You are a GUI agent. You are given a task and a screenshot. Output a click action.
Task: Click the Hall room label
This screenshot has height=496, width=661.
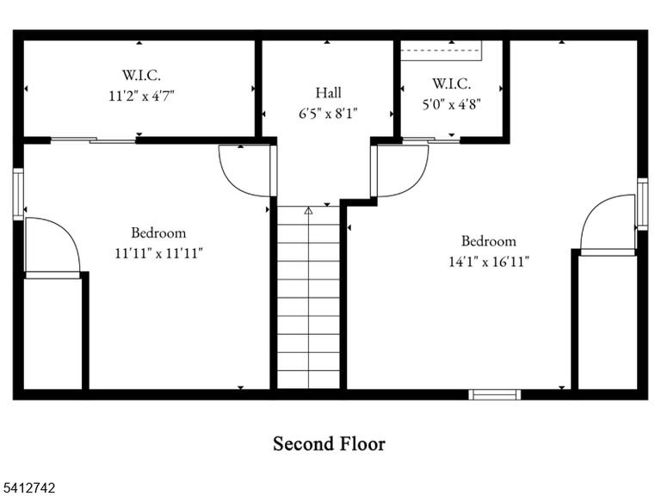tap(329, 93)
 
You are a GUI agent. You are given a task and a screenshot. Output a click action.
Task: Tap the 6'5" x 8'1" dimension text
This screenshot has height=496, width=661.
tap(329, 114)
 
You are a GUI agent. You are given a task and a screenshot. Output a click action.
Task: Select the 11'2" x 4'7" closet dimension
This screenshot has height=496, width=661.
tap(142, 96)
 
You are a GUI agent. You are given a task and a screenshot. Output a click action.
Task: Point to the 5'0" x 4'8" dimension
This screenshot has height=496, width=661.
tap(452, 103)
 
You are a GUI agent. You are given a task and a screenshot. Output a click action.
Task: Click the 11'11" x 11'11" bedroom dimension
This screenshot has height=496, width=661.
tap(159, 253)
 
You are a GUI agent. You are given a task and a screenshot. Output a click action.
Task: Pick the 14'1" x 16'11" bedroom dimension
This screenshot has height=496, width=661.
tap(489, 262)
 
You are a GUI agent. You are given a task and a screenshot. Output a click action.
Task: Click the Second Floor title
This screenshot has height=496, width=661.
tap(330, 443)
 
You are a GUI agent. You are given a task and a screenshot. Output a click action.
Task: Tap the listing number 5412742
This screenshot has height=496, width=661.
tap(28, 488)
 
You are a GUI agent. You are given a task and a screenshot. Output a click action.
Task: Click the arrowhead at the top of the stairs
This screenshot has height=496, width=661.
tap(309, 210)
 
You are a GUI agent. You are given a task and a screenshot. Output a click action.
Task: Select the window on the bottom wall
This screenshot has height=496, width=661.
tap(495, 394)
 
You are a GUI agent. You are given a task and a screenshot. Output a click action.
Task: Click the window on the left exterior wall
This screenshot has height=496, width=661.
tap(18, 194)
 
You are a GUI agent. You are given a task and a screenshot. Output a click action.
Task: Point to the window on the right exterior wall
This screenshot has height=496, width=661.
tap(642, 204)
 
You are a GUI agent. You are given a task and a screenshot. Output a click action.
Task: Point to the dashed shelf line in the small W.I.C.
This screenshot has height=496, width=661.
tap(441, 50)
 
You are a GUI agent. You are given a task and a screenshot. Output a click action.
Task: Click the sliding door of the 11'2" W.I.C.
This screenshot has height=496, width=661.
tap(93, 140)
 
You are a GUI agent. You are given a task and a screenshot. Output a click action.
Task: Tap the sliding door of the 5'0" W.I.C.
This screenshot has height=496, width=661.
tap(431, 140)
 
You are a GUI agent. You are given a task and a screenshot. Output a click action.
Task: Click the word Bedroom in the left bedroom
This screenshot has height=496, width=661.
tap(158, 232)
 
